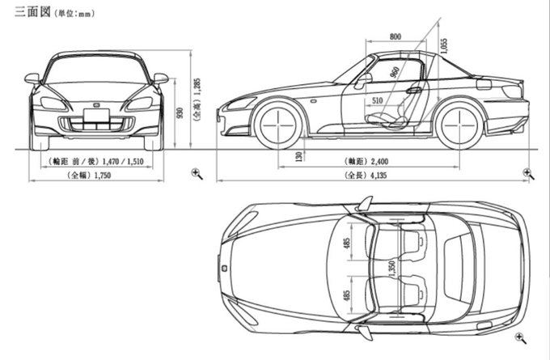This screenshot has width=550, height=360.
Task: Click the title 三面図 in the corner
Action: tap(32, 11)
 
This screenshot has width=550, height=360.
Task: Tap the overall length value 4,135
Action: tap(378, 175)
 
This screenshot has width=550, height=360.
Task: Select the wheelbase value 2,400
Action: tap(379, 162)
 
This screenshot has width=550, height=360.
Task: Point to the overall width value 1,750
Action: tap(103, 175)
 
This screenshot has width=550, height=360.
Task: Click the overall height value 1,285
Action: tap(197, 87)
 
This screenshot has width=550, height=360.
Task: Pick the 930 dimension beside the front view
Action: tap(180, 112)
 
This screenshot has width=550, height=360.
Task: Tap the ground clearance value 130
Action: tap(298, 156)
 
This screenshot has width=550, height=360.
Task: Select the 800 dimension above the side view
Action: tap(395, 36)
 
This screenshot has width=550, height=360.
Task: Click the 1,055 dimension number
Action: tap(444, 46)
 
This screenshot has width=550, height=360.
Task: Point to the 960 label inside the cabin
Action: tap(395, 72)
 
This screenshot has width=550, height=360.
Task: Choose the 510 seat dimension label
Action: tap(377, 100)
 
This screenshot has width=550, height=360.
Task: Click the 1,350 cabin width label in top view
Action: tap(392, 268)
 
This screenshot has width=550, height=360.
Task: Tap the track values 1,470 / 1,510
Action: tap(122, 162)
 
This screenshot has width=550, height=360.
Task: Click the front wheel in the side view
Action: tap(277, 125)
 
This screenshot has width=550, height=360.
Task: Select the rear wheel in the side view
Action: tap(459, 125)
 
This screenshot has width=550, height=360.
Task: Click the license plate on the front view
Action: tap(96, 116)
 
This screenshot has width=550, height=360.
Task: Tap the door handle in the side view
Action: tap(414, 91)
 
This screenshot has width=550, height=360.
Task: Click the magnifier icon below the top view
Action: tap(521, 338)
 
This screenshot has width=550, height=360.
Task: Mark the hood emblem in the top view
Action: tap(224, 269)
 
